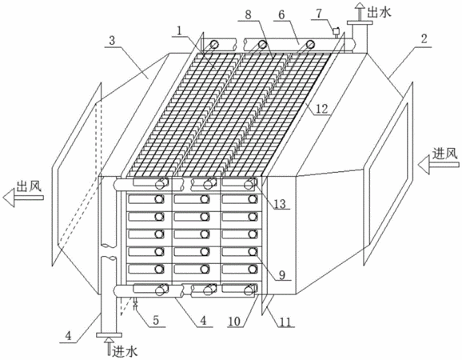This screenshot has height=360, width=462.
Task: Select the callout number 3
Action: pos(112,40)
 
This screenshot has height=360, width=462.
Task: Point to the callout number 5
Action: pos(156,320)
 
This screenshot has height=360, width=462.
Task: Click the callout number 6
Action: pos(281,14)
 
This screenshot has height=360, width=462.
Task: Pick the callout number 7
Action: pos(320,14)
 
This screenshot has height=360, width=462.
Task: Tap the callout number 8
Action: pos(249,14)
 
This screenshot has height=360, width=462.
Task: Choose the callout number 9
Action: pos(282,274)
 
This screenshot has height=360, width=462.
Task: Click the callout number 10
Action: pos(234,321)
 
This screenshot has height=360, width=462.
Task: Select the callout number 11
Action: pos(285,322)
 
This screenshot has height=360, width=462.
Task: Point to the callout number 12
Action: pos(322,109)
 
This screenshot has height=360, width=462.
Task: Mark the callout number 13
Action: pos(280,203)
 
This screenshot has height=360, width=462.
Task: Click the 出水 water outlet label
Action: pos(379,12)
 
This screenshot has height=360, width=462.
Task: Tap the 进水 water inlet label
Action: pos(125,351)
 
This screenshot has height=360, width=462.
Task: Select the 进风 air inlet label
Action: pos(445,154)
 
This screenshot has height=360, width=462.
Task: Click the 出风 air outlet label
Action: pos(29,186)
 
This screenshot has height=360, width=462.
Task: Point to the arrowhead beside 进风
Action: pos(423,164)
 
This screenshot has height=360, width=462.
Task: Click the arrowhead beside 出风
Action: pos(9,198)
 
